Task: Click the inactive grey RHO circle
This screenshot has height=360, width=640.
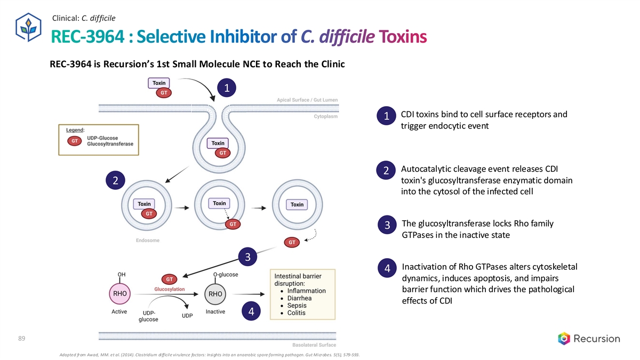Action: click(x=215, y=294)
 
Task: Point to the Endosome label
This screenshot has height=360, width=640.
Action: click(x=147, y=241)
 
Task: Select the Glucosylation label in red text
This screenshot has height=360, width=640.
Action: click(x=170, y=289)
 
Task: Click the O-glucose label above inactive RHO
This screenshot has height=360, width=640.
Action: click(x=225, y=275)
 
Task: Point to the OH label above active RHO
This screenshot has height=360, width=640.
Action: click(x=122, y=275)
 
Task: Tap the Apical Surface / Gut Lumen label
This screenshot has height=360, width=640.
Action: click(x=307, y=100)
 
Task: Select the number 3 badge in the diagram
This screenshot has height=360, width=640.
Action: click(x=247, y=257)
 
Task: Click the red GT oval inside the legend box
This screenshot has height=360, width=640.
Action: click(x=75, y=141)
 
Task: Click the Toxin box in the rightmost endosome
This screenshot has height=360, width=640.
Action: click(x=297, y=204)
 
